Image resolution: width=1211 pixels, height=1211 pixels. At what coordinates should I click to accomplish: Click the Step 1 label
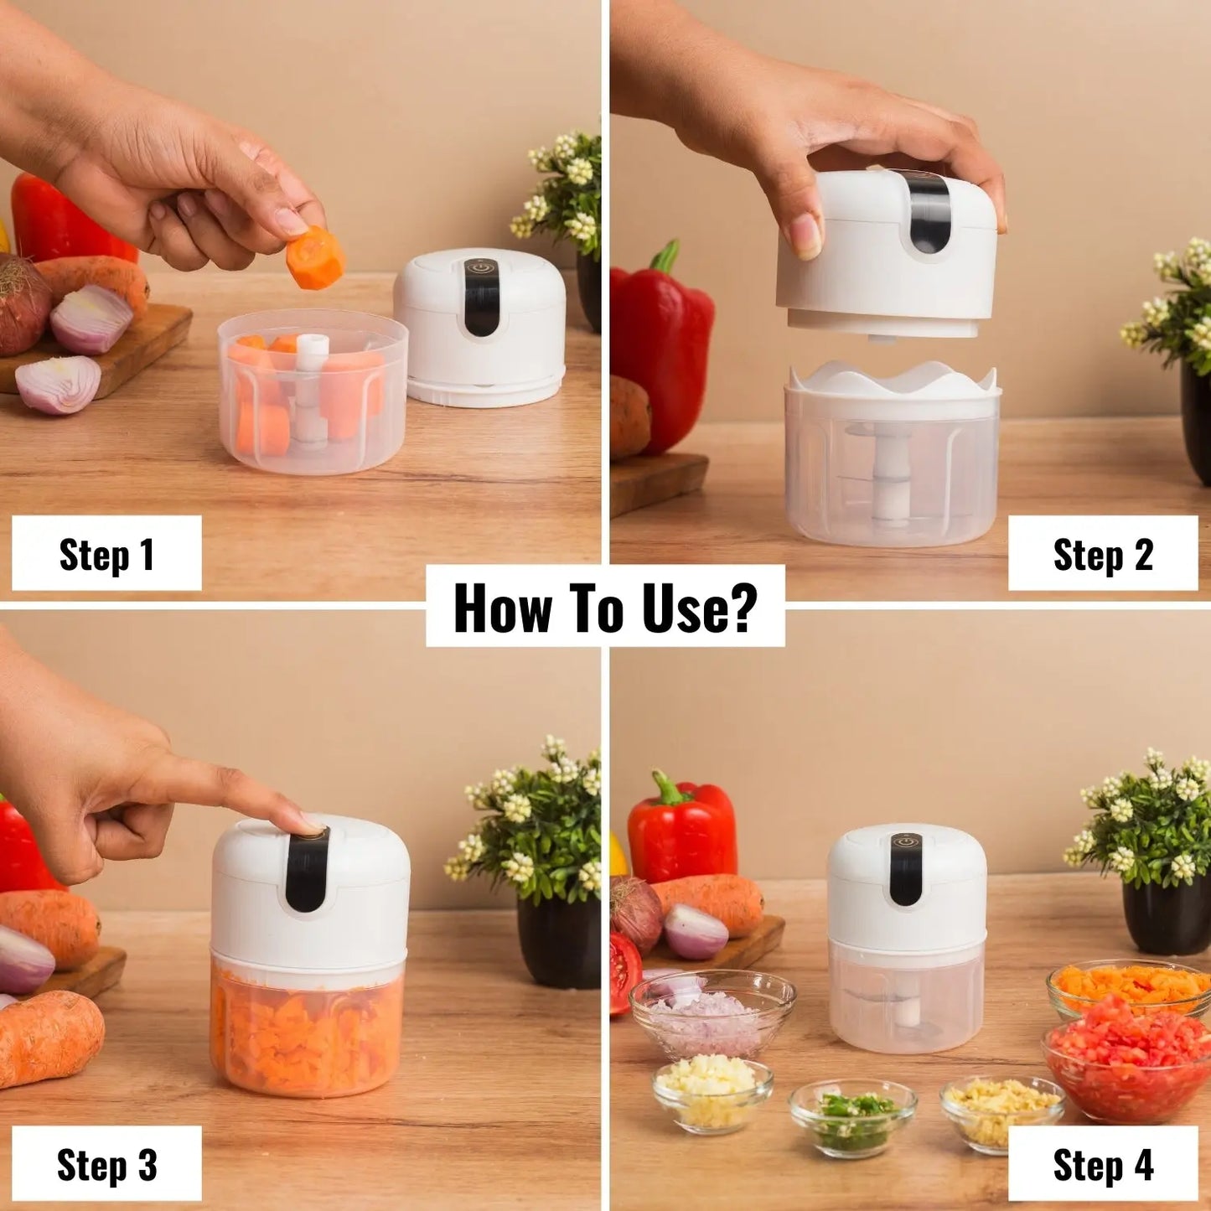tap(106, 554)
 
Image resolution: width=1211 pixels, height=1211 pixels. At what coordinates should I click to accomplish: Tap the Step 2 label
tap(1102, 554)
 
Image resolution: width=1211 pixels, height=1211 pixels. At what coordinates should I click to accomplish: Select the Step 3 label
tap(106, 1164)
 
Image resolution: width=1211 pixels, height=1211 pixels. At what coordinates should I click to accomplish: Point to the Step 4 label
tap(1102, 1164)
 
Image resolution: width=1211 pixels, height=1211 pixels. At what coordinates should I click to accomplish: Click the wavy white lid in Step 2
tap(893, 380)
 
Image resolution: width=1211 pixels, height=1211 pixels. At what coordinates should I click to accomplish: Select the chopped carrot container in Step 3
tap(308, 1031)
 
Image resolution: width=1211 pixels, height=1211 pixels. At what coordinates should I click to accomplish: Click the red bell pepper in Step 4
tap(683, 830)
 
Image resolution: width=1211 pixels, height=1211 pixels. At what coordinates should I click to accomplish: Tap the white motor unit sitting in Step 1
tap(479, 327)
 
